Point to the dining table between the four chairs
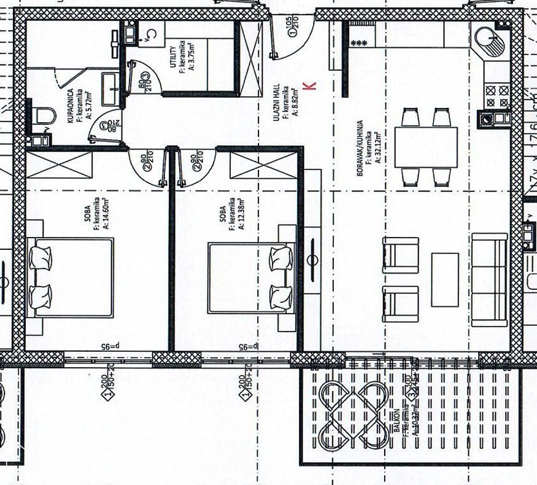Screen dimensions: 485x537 [426, 147]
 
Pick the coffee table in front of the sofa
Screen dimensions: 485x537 [444, 279]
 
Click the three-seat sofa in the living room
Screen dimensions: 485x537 [489, 279]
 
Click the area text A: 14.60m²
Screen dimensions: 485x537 [106, 212]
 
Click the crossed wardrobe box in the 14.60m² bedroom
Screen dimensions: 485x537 [59, 165]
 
